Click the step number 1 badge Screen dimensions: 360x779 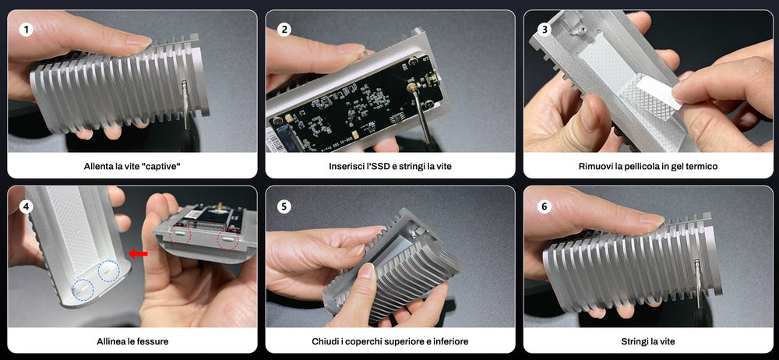coord(27,30)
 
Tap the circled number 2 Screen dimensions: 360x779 coord(284,30)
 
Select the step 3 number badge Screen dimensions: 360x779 coord(543,30)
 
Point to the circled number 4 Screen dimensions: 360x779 coord(27,206)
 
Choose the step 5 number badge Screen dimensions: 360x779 coord(284,206)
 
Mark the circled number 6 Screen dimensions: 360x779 coord(543,206)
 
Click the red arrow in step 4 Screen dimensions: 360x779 coord(138,253)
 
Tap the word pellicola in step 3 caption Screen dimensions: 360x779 coord(642,167)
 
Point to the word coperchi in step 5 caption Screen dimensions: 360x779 coord(364,341)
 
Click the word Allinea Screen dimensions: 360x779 coord(110,341)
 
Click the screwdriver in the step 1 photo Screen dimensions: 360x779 coord(185,105)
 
